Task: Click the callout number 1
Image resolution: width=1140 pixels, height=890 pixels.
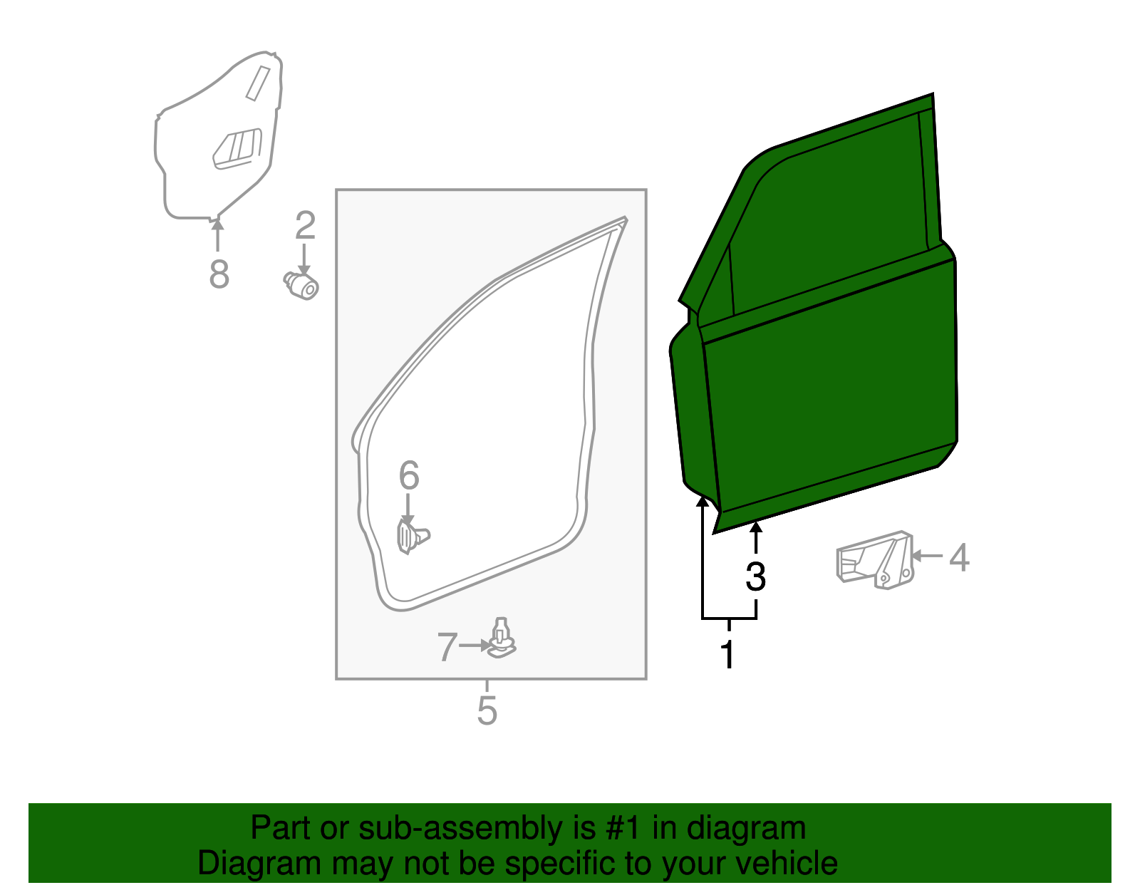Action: coord(727,655)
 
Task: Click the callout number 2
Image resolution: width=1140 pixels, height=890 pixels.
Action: coord(305,226)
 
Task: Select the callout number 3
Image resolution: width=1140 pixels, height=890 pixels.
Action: coord(755,576)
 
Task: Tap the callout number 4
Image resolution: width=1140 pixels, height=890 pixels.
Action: coord(959,557)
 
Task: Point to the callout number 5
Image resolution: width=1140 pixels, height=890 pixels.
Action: coord(487,710)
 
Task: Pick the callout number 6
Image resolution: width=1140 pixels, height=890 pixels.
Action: coord(408,475)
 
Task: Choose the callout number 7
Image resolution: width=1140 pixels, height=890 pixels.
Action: coord(447,647)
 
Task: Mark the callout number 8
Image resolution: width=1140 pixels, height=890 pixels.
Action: coord(219,274)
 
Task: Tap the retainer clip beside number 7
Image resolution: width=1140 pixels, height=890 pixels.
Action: coord(502,638)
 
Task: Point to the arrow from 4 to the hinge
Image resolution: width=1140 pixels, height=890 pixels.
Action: coord(927,556)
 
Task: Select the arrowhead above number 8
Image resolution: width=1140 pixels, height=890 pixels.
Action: coord(217,225)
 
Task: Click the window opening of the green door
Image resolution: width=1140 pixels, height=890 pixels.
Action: coord(826,214)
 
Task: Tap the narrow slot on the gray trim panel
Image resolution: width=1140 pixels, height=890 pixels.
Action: coord(257,83)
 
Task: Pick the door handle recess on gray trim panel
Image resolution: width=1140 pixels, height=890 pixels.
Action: coord(237,149)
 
